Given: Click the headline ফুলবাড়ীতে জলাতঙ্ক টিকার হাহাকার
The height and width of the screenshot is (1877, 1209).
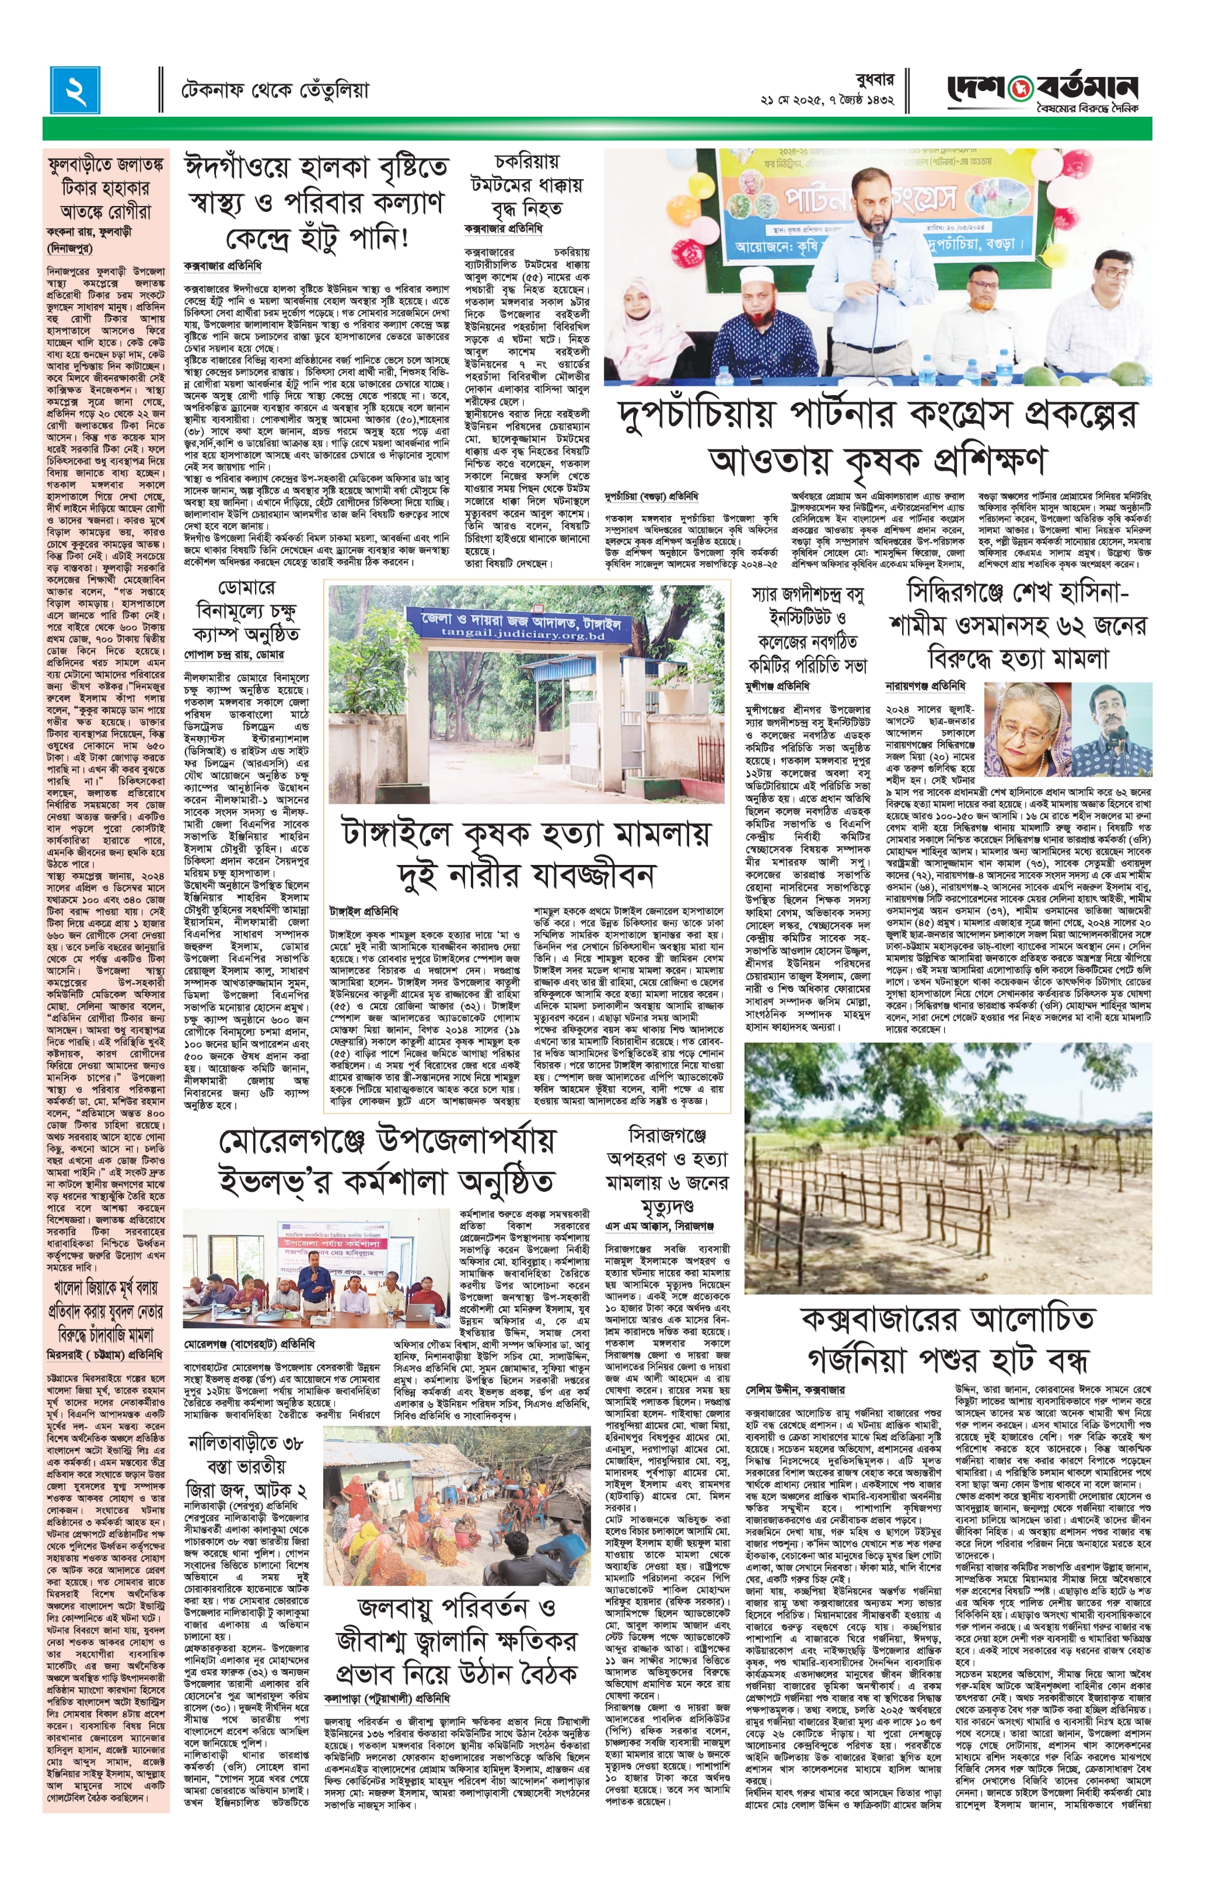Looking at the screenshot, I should tap(106, 189).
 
